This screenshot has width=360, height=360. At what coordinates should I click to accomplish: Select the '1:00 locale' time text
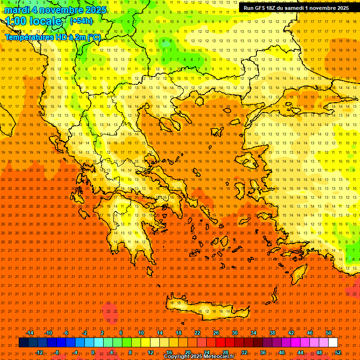coord(33,21)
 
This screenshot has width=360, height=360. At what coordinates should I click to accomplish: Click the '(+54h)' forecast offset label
coord(81,21)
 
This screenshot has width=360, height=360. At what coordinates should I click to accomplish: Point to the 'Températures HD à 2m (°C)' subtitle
coord(52,37)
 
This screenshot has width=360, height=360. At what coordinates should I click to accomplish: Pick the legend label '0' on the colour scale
coord(93,352)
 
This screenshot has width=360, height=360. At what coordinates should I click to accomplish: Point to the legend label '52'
coord(338,352)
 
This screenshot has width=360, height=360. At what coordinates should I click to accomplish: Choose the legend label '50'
coord(329,333)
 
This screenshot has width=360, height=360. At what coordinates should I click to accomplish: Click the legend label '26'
coord(216,333)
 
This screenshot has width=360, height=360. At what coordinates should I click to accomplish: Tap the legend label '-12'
coord(39,352)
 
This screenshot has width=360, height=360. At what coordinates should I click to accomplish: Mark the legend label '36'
coord(263,352)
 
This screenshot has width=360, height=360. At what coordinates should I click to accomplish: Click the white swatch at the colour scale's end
coord(333,343)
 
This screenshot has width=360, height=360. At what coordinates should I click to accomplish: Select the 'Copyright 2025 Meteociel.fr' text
coord(199,357)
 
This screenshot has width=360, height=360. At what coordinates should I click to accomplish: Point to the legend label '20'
coord(187,352)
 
